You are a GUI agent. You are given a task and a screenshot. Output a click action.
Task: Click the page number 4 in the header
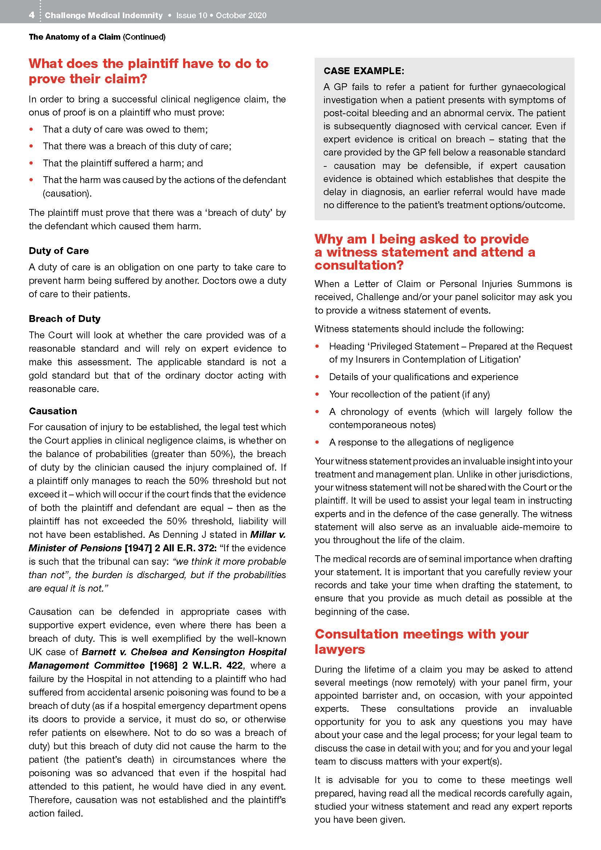pyautogui.click(x=32, y=15)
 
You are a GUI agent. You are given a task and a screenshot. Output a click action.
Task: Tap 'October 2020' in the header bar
pyautogui.click(x=241, y=15)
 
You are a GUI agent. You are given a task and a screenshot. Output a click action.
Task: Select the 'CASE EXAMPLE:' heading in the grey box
pyautogui.click(x=364, y=71)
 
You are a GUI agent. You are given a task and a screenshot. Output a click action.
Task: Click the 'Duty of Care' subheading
pyautogui.click(x=59, y=251)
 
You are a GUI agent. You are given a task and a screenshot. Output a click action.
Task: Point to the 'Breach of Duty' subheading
pyautogui.click(x=65, y=319)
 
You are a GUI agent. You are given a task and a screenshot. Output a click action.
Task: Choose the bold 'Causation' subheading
pyautogui.click(x=53, y=411)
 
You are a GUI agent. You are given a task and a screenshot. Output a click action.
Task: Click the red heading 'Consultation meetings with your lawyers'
pyautogui.click(x=421, y=641)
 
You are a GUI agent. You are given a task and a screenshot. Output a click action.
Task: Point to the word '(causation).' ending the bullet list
pyautogui.click(x=67, y=193)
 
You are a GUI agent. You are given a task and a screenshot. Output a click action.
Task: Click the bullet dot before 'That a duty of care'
pyautogui.click(x=32, y=129)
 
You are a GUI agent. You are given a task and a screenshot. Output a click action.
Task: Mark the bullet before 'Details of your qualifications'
pyautogui.click(x=317, y=377)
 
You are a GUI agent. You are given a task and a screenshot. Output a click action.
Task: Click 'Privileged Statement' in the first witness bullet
pyautogui.click(x=415, y=346)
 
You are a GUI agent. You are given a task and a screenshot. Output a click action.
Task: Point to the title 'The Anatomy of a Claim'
pyautogui.click(x=74, y=37)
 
